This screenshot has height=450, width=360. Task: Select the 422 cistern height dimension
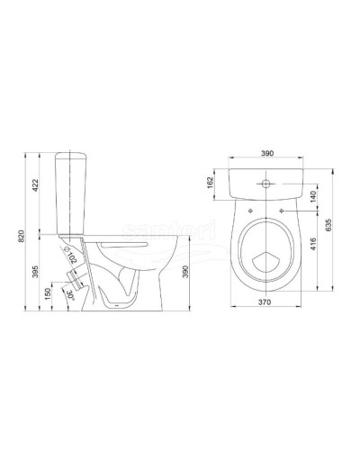coord(33,187)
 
